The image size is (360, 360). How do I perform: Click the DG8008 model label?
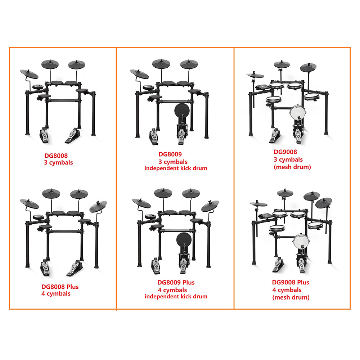pyautogui.click(x=56, y=156)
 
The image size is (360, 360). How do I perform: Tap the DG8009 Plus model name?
pyautogui.click(x=176, y=282)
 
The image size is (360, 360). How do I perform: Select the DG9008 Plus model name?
pyautogui.click(x=291, y=282)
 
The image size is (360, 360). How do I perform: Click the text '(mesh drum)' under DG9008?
pyautogui.click(x=292, y=167)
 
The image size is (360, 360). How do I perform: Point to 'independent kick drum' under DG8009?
pyautogui.click(x=176, y=168)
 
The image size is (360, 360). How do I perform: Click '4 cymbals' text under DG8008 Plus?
pyautogui.click(x=56, y=294)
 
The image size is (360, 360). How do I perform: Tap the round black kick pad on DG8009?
pyautogui.click(x=181, y=110)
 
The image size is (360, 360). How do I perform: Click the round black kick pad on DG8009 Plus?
pyautogui.click(x=184, y=240)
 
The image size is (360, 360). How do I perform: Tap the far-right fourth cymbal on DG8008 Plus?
pyautogui.click(x=98, y=206)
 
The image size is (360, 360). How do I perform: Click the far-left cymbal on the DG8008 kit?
pyautogui.click(x=29, y=74)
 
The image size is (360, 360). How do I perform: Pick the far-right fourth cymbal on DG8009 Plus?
pyautogui.click(x=210, y=206)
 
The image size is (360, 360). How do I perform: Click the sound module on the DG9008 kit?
pyautogui.click(x=262, y=87)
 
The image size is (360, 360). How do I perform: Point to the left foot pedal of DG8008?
pyautogui.click(x=44, y=135)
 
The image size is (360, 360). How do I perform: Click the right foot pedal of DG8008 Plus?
pyautogui.click(x=75, y=268)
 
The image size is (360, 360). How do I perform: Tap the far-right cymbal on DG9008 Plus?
pyautogui.click(x=324, y=203)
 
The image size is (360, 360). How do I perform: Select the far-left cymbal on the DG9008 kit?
pyautogui.click(x=255, y=75)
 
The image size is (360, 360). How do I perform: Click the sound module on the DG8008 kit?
pyautogui.click(x=38, y=87)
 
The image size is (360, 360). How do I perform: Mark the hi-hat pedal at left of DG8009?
pyautogui.click(x=154, y=137)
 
